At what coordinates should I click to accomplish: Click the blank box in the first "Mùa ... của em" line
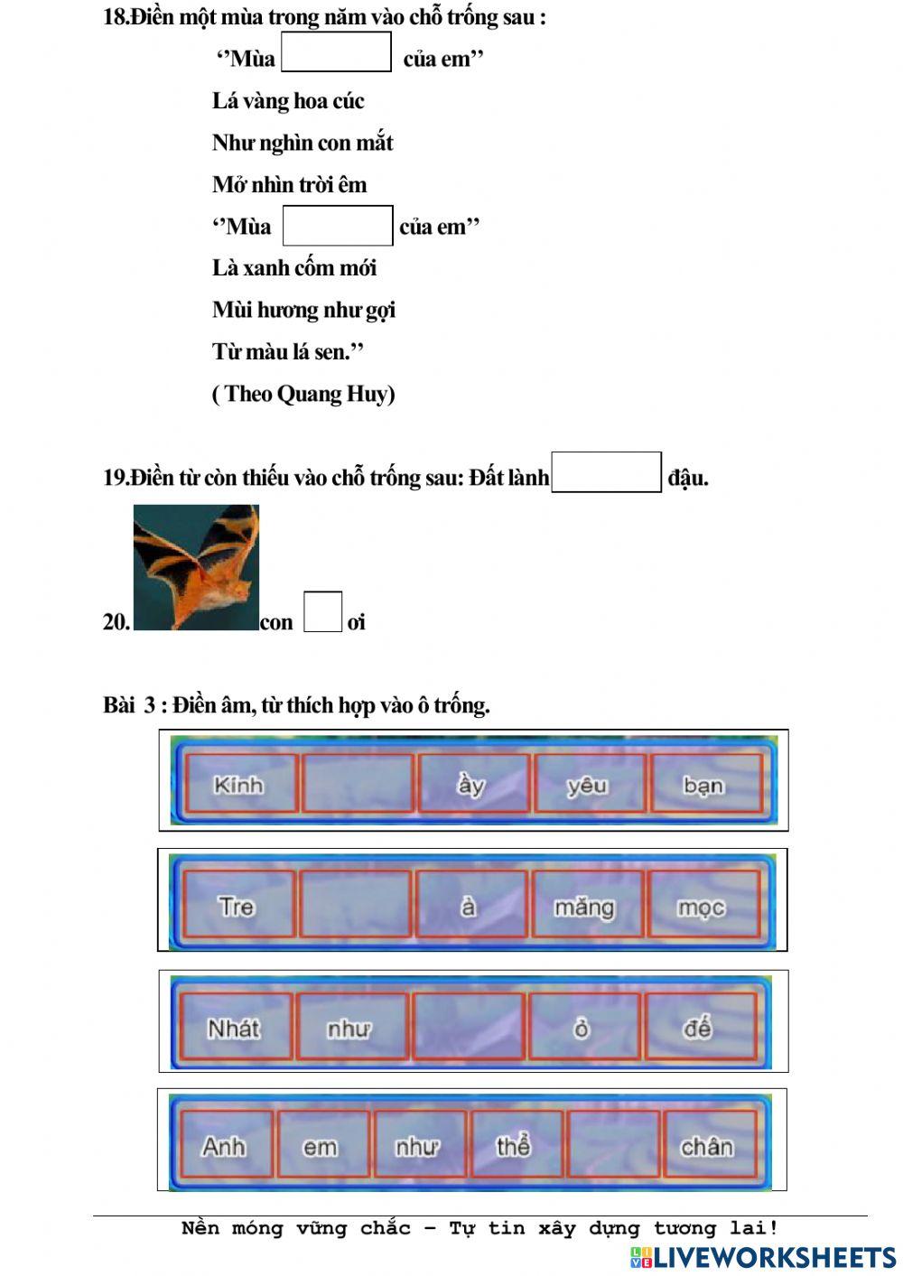point(336,52)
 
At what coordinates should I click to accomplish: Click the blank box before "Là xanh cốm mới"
point(338,226)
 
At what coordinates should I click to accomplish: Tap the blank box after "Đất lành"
point(606,472)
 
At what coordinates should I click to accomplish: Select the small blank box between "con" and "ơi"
point(322,612)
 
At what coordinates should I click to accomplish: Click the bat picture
point(196,567)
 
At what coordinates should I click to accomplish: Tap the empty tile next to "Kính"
point(357,784)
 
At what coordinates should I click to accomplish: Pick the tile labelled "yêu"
point(589,784)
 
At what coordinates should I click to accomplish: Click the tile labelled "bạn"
point(704,784)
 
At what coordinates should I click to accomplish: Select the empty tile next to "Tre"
point(355,904)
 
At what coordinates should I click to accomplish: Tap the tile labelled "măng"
point(585,904)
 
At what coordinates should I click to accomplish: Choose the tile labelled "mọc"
point(703,904)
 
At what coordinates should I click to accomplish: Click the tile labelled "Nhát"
point(235,1027)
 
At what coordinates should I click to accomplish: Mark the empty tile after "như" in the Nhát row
point(468,1027)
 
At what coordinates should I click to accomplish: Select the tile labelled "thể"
point(514,1144)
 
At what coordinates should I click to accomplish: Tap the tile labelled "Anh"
point(225,1144)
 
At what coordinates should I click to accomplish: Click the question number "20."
point(116,622)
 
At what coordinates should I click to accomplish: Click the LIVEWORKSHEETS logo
point(763,1257)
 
